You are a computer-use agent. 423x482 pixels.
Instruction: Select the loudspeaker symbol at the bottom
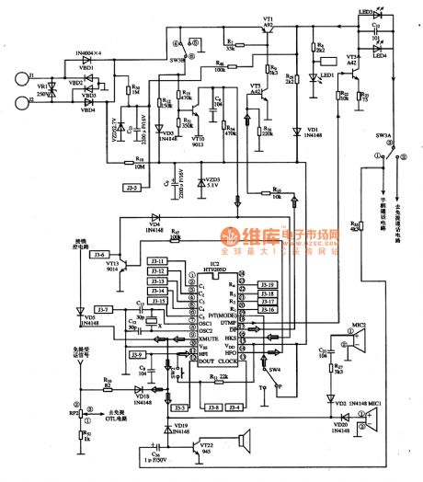coord(246,442)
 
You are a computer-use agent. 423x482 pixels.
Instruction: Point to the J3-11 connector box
coord(158,260)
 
